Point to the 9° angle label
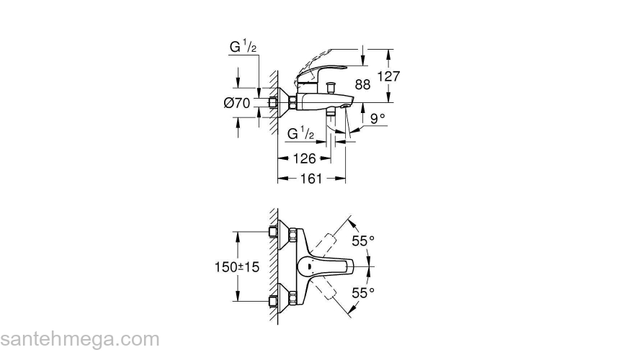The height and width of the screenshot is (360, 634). pos(378,117)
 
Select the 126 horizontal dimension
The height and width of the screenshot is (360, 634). pos(303,158)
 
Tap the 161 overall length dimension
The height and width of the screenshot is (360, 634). pos(310,179)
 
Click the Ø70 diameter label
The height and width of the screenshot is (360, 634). pos(236,104)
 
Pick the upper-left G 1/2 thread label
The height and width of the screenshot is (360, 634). pos(244,48)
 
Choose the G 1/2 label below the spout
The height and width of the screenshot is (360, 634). pos(300,135)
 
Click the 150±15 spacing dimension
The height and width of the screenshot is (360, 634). pos(236,266)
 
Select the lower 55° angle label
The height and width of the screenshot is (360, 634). pos(363,292)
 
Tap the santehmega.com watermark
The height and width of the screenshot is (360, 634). pos(79,339)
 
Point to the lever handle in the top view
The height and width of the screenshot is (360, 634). pos(328,267)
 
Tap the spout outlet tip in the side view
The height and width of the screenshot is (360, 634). pos(347,107)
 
